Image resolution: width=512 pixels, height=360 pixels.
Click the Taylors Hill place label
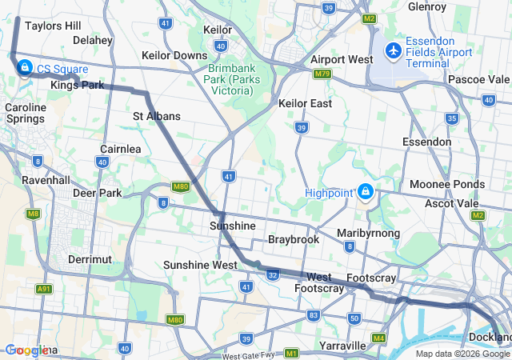pos(53,26)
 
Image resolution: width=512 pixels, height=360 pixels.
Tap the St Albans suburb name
pos(157,116)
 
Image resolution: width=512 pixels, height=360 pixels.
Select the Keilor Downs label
pos(174,55)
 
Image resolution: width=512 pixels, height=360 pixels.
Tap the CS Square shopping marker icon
pos(24,66)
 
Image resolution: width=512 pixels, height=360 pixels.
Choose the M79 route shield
pos(322,74)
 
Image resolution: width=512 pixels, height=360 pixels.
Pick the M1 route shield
pos(291,353)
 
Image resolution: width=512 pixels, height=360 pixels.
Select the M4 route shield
pos(378,338)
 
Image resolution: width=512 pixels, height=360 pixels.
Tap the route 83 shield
pos(313,316)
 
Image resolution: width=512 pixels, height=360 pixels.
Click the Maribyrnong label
pos(368,232)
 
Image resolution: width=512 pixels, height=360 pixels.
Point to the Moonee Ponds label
pos(446,184)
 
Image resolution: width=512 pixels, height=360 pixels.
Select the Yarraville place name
pos(342,346)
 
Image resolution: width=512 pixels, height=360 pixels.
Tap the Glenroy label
pos(427,6)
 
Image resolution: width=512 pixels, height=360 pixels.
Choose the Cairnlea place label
pos(121,149)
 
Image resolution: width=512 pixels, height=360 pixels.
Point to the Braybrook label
pos(294,239)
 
